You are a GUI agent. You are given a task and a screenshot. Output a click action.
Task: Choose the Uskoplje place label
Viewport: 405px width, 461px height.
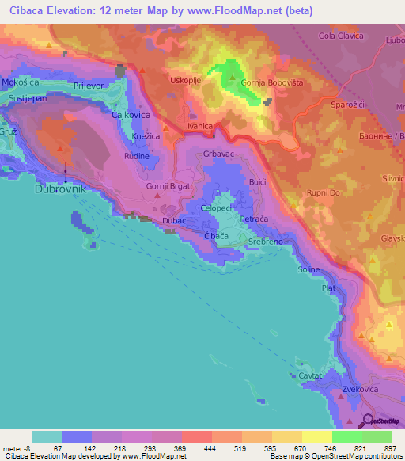pos(187,81)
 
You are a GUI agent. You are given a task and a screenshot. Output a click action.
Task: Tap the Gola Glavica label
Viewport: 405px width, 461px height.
pos(340,36)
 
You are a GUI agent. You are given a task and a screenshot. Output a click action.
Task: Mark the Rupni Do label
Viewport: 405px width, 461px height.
pos(324,192)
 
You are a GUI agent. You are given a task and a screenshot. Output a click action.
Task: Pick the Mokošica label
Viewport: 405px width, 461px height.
pos(20,82)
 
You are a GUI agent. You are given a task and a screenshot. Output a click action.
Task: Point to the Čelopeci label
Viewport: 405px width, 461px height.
pos(216,207)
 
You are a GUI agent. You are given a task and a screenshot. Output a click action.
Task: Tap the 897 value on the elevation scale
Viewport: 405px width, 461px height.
pos(391,447)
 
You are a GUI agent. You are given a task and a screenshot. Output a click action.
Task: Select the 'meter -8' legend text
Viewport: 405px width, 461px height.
pos(14,447)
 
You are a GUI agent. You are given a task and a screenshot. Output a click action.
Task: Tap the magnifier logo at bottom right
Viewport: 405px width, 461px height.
pos(369,421)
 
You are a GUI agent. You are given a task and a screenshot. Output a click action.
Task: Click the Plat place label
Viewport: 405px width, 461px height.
pos(329,289)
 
